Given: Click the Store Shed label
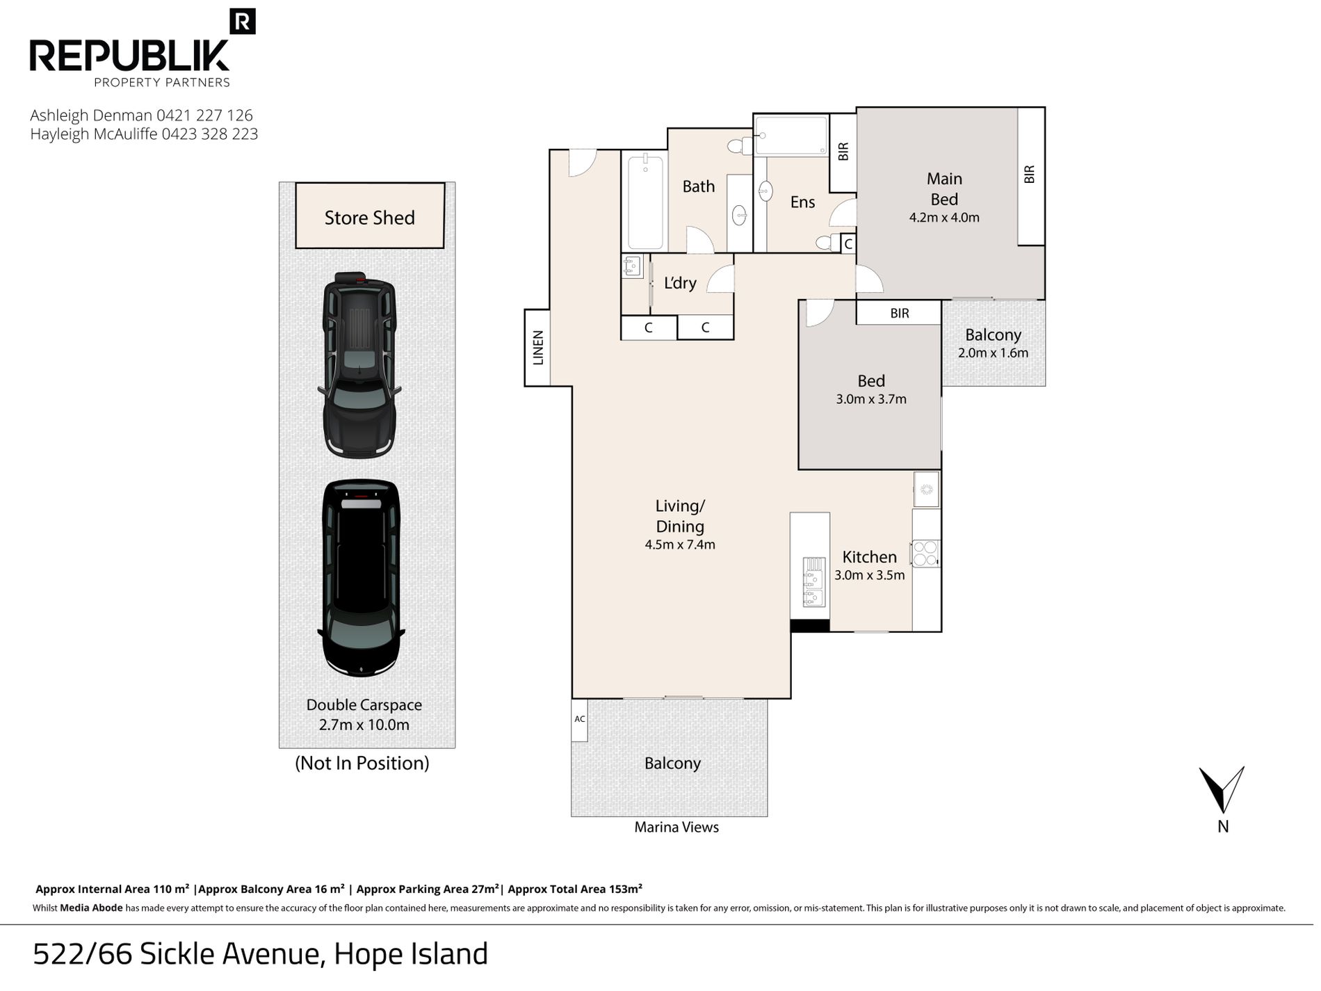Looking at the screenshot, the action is [x=369, y=218].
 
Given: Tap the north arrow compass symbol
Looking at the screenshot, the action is [x=1222, y=790].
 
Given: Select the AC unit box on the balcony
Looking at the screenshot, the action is [x=580, y=720].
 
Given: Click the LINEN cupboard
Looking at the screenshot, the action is [x=537, y=348].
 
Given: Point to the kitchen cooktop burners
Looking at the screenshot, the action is [x=925, y=554].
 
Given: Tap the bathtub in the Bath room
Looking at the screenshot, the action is [x=646, y=202].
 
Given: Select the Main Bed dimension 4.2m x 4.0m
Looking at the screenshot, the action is [x=944, y=218].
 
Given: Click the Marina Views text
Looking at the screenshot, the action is [x=676, y=828].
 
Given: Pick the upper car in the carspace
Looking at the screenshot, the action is [x=359, y=364].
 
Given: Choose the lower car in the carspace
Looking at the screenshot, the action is [x=361, y=577].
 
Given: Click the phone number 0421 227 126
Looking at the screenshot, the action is [x=204, y=115].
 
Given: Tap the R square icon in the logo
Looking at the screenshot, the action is [x=243, y=22].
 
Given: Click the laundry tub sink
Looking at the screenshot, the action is [x=632, y=266].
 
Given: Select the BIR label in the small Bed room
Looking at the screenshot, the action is [x=900, y=314].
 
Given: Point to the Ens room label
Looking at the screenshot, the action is [x=802, y=202].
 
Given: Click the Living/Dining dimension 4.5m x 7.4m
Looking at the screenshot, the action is [x=680, y=545].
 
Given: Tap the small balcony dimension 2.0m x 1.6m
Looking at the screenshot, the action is [x=993, y=353].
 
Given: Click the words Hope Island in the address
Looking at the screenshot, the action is [x=411, y=954].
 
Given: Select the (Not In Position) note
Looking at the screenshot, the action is [x=362, y=764].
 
